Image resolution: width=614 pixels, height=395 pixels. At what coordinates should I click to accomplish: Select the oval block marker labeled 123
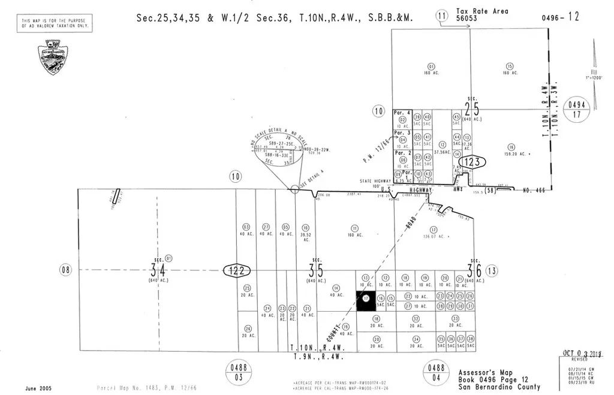(472, 161)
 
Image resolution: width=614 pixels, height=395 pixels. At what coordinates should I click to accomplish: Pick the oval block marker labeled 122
(238, 271)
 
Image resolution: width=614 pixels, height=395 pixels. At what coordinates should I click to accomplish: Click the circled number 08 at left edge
(65, 270)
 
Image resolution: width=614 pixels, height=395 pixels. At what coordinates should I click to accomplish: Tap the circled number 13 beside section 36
(492, 271)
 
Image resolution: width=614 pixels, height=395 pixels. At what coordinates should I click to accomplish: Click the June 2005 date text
(38, 388)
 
